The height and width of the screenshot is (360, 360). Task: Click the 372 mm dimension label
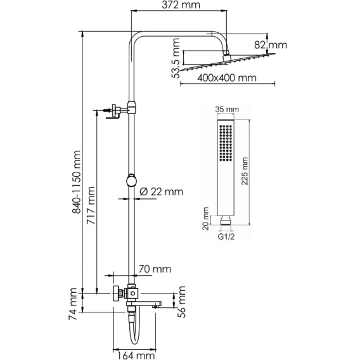[181, 5]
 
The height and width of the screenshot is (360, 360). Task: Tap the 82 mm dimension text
[271, 45]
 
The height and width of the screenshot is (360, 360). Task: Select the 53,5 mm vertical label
[176, 58]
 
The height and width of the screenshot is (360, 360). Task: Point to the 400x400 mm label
[227, 78]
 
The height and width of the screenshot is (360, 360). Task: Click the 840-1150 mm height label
[77, 182]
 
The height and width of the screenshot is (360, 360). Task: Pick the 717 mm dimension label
[91, 205]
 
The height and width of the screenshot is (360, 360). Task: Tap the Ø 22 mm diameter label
[162, 191]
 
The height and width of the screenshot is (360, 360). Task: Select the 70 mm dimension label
[155, 269]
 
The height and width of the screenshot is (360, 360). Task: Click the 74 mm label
[72, 304]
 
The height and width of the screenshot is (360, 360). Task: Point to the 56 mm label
[182, 302]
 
